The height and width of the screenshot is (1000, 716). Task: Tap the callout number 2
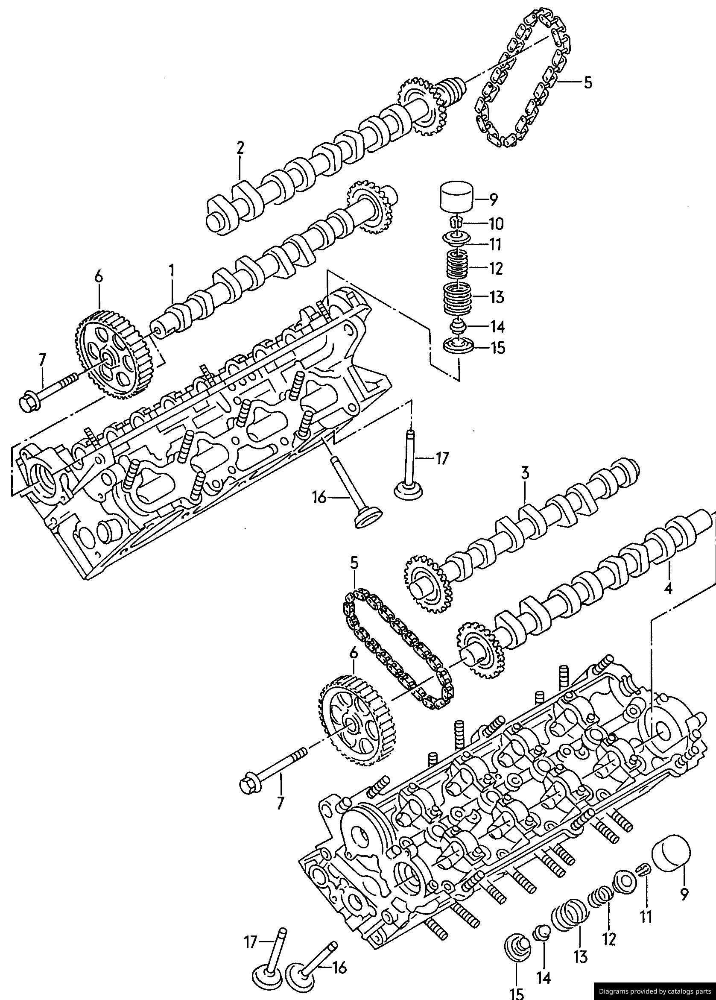point(240,147)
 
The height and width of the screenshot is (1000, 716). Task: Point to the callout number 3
point(525,474)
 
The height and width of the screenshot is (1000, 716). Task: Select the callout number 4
point(668,588)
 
